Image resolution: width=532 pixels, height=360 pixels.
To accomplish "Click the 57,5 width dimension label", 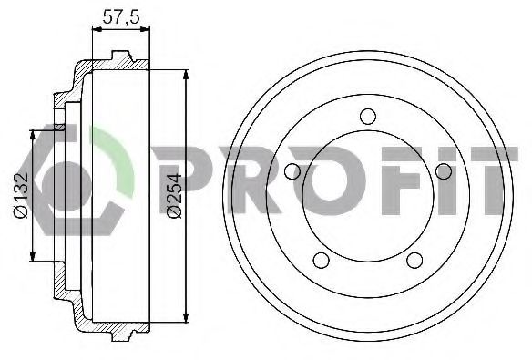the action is point(121,17).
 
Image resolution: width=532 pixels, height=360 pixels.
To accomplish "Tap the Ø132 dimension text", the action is point(20,195).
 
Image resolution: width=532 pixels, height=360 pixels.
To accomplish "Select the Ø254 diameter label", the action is point(175,196).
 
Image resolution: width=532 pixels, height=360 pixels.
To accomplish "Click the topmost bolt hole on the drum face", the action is point(368,117).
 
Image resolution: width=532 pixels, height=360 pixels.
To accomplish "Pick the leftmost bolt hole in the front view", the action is point(292,171).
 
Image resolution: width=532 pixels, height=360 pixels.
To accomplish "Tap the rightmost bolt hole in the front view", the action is point(444,171).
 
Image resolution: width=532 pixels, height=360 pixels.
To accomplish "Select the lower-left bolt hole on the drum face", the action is point(321,261).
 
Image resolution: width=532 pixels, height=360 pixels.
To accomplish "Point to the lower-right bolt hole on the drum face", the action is point(414,261).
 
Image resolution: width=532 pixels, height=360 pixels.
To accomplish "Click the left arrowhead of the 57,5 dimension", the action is point(97,29).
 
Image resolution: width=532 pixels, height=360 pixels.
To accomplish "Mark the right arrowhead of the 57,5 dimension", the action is point(145,29).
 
